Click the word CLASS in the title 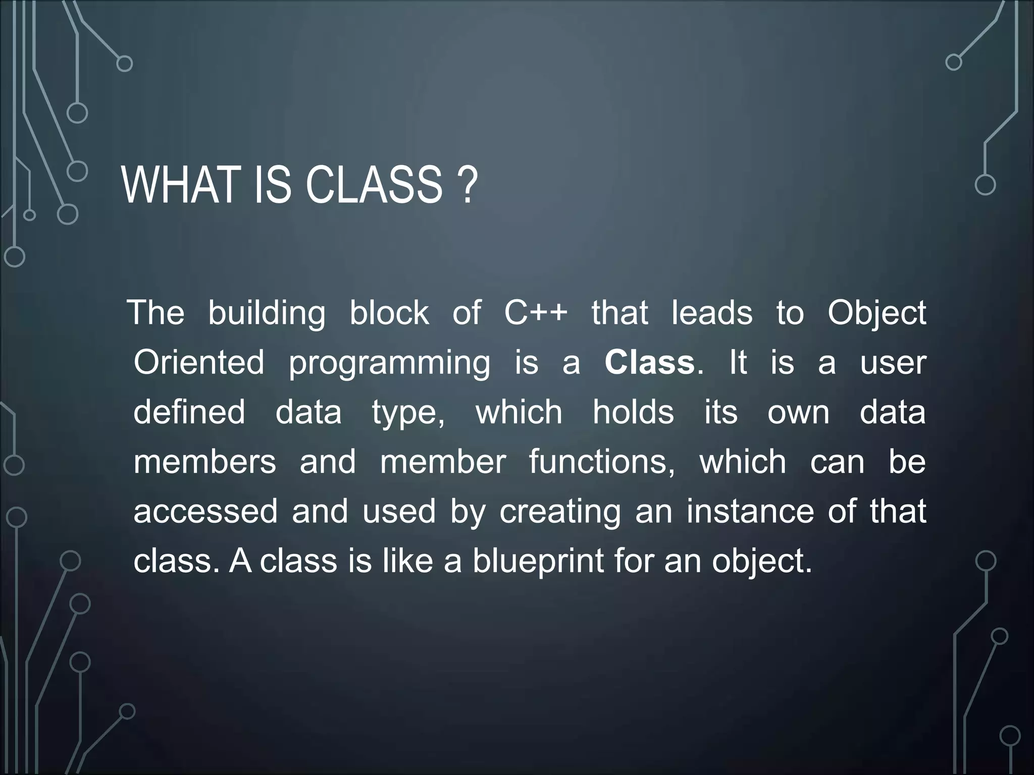click(374, 186)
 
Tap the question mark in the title click(469, 186)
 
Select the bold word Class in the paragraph click(650, 362)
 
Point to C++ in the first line click(536, 313)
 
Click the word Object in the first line click(876, 314)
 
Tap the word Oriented click(199, 362)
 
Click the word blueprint click(538, 561)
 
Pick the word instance click(750, 511)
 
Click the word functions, click(602, 462)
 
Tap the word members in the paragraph click(204, 462)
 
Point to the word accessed click(205, 511)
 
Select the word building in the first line click(267, 314)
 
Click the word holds click(633, 412)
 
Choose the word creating click(560, 512)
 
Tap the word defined click(189, 412)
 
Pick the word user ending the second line click(893, 362)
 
